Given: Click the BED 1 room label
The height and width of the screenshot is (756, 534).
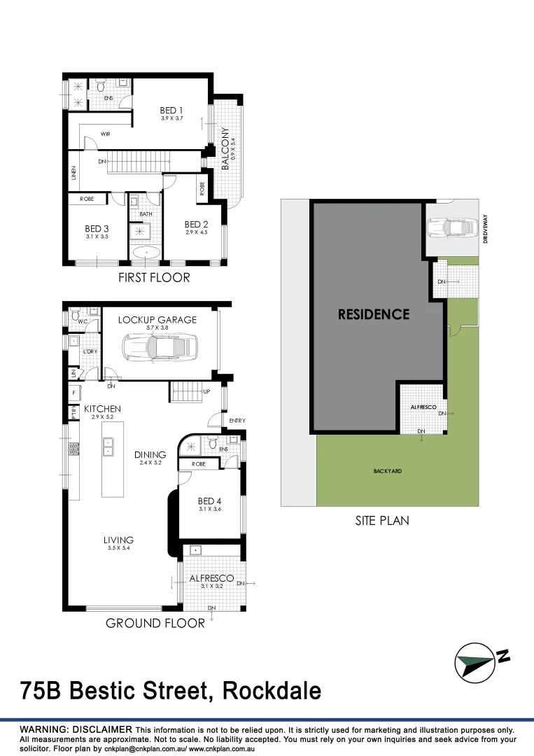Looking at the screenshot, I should pyautogui.click(x=171, y=110).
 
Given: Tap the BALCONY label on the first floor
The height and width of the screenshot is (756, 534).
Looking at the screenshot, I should pyautogui.click(x=225, y=149).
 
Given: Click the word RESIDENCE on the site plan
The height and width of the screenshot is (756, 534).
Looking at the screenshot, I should pyautogui.click(x=373, y=314).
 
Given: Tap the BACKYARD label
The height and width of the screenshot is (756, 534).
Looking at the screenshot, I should pyautogui.click(x=387, y=471).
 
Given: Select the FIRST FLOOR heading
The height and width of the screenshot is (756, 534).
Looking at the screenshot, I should pyautogui.click(x=154, y=278).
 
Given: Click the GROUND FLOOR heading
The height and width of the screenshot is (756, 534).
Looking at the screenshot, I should pyautogui.click(x=155, y=623).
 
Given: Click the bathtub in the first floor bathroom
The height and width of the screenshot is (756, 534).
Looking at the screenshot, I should pyautogui.click(x=145, y=253).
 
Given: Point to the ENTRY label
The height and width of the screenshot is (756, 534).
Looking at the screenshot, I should pyautogui.click(x=237, y=420).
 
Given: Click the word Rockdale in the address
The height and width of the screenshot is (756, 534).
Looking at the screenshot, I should pyautogui.click(x=272, y=691).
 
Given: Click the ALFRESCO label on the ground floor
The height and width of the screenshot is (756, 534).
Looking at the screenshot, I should pyautogui.click(x=211, y=578).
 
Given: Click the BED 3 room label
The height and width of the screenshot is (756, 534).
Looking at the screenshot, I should pyautogui.click(x=97, y=228).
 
